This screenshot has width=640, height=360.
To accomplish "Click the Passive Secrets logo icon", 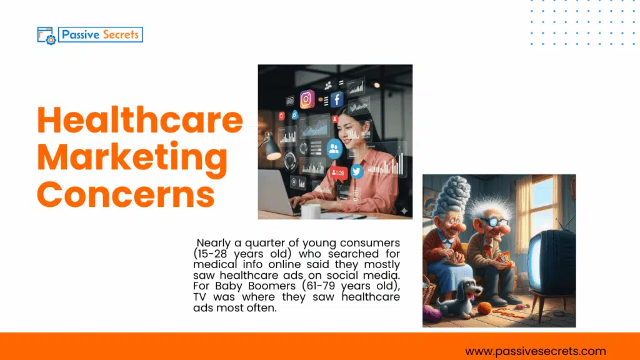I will click(x=47, y=35).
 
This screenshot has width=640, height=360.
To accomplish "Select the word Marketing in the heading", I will click(x=132, y=157).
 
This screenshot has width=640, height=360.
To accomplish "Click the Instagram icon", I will click(x=307, y=98).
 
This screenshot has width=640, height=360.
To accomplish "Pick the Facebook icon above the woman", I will click(x=337, y=99).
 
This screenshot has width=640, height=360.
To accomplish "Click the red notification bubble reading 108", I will click(x=338, y=172).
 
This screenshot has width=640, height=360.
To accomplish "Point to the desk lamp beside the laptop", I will click(x=273, y=149).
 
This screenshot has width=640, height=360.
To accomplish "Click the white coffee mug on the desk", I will click(x=310, y=211).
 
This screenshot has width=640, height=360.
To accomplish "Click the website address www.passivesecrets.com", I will click(x=535, y=351).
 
